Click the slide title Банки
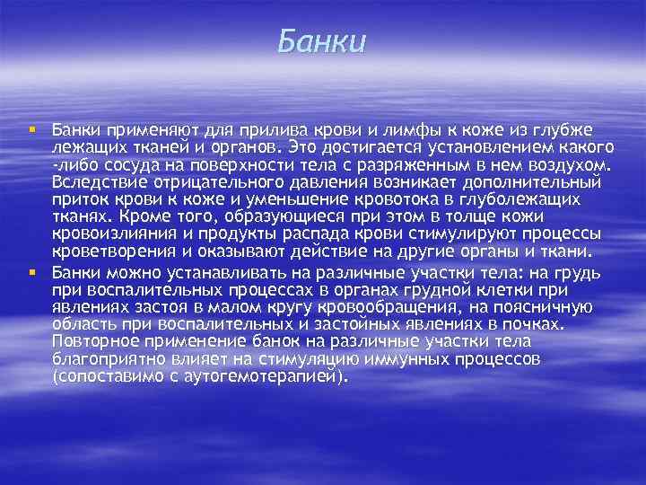coord(322,41)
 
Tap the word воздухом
coord(566,165)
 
